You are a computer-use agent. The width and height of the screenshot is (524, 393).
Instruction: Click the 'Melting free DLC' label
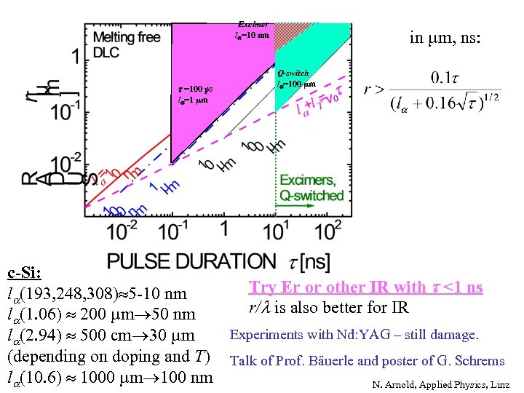126,44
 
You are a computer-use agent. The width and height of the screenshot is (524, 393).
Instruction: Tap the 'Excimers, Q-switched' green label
311,188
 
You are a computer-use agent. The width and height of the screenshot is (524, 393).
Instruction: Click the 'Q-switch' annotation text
293,73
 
